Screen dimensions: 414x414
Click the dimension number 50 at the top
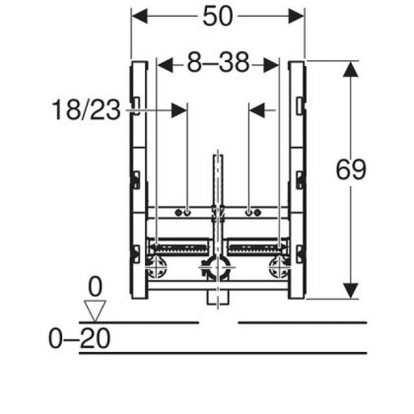(217, 16)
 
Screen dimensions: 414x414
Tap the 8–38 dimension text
(217, 65)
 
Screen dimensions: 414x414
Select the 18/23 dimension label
(86, 111)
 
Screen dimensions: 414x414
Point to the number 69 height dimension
(351, 170)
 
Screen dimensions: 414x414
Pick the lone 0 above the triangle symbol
(95, 285)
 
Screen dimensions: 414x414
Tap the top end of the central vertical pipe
(218, 158)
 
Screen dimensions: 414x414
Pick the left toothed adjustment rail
(182, 246)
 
